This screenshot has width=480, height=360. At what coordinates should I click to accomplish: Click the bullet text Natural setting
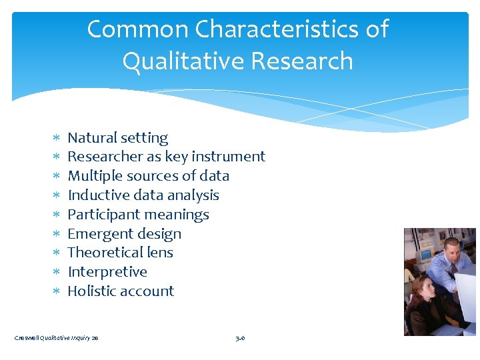coord(117,138)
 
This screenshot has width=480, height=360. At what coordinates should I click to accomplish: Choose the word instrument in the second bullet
coord(228,157)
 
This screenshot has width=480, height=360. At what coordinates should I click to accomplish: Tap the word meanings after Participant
coord(178,215)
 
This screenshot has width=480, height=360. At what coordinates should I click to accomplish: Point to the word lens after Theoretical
coord(160,253)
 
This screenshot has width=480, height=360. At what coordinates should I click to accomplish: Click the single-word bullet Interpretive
coord(107,272)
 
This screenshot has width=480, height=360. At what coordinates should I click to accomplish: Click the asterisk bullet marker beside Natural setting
coord(57,139)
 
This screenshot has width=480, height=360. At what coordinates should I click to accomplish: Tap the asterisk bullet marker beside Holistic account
coord(57,292)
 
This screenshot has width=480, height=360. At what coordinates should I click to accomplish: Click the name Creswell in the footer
coord(27,338)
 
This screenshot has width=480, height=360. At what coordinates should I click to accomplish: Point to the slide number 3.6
coord(240,338)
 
